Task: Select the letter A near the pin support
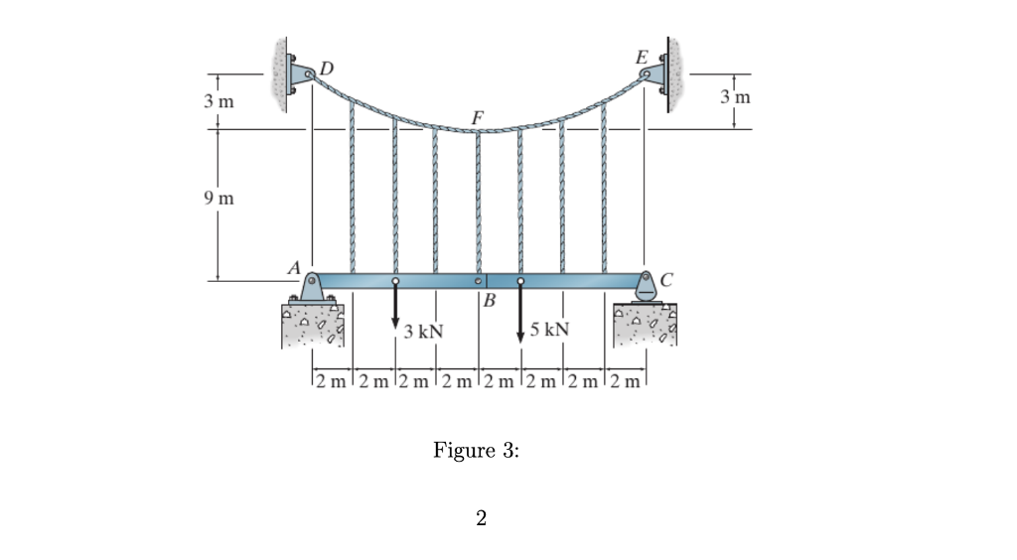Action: (294, 267)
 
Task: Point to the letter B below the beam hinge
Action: (489, 300)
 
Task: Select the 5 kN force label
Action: (549, 330)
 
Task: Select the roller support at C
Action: (645, 289)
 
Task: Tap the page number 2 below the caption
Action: (481, 517)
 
